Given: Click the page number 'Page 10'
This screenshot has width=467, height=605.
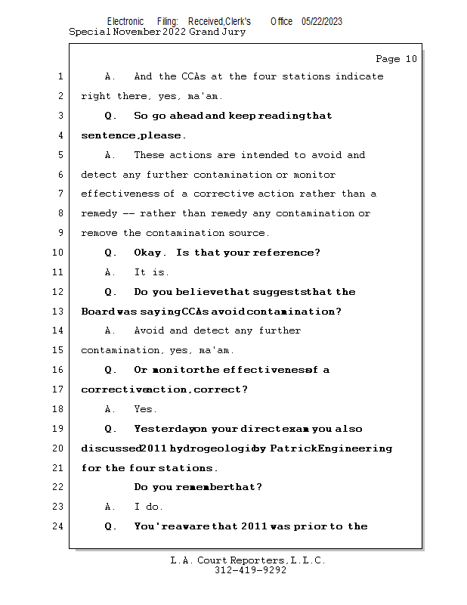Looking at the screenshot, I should click(x=396, y=59).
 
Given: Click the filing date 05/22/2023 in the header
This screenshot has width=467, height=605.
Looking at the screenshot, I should click(x=321, y=21).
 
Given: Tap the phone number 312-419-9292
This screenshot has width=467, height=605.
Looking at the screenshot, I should click(x=250, y=570).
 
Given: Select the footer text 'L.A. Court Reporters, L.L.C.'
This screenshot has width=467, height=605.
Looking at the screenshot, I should click(x=248, y=560).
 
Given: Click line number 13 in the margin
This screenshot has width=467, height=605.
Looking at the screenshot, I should click(x=59, y=312).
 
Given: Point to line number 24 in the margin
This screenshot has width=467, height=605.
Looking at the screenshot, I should click(x=59, y=526).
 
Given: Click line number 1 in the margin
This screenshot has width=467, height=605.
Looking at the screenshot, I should click(x=59, y=76).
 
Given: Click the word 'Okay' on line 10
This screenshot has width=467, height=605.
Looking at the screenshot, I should click(x=150, y=253).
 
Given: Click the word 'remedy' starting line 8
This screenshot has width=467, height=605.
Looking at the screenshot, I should click(x=99, y=213).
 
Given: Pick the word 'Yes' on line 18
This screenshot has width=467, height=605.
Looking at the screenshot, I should click(x=144, y=409).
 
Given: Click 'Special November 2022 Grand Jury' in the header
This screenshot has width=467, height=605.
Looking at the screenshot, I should click(x=157, y=32).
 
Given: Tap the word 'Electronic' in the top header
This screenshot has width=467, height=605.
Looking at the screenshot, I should click(x=125, y=21).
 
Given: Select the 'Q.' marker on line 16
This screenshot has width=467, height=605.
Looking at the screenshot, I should click(x=111, y=370).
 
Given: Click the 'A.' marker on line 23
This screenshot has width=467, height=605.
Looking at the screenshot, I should click(x=110, y=507).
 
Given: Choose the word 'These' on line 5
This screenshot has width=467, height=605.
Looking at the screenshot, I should click(x=149, y=155).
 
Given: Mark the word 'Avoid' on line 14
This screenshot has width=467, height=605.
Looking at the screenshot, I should click(x=149, y=330).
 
